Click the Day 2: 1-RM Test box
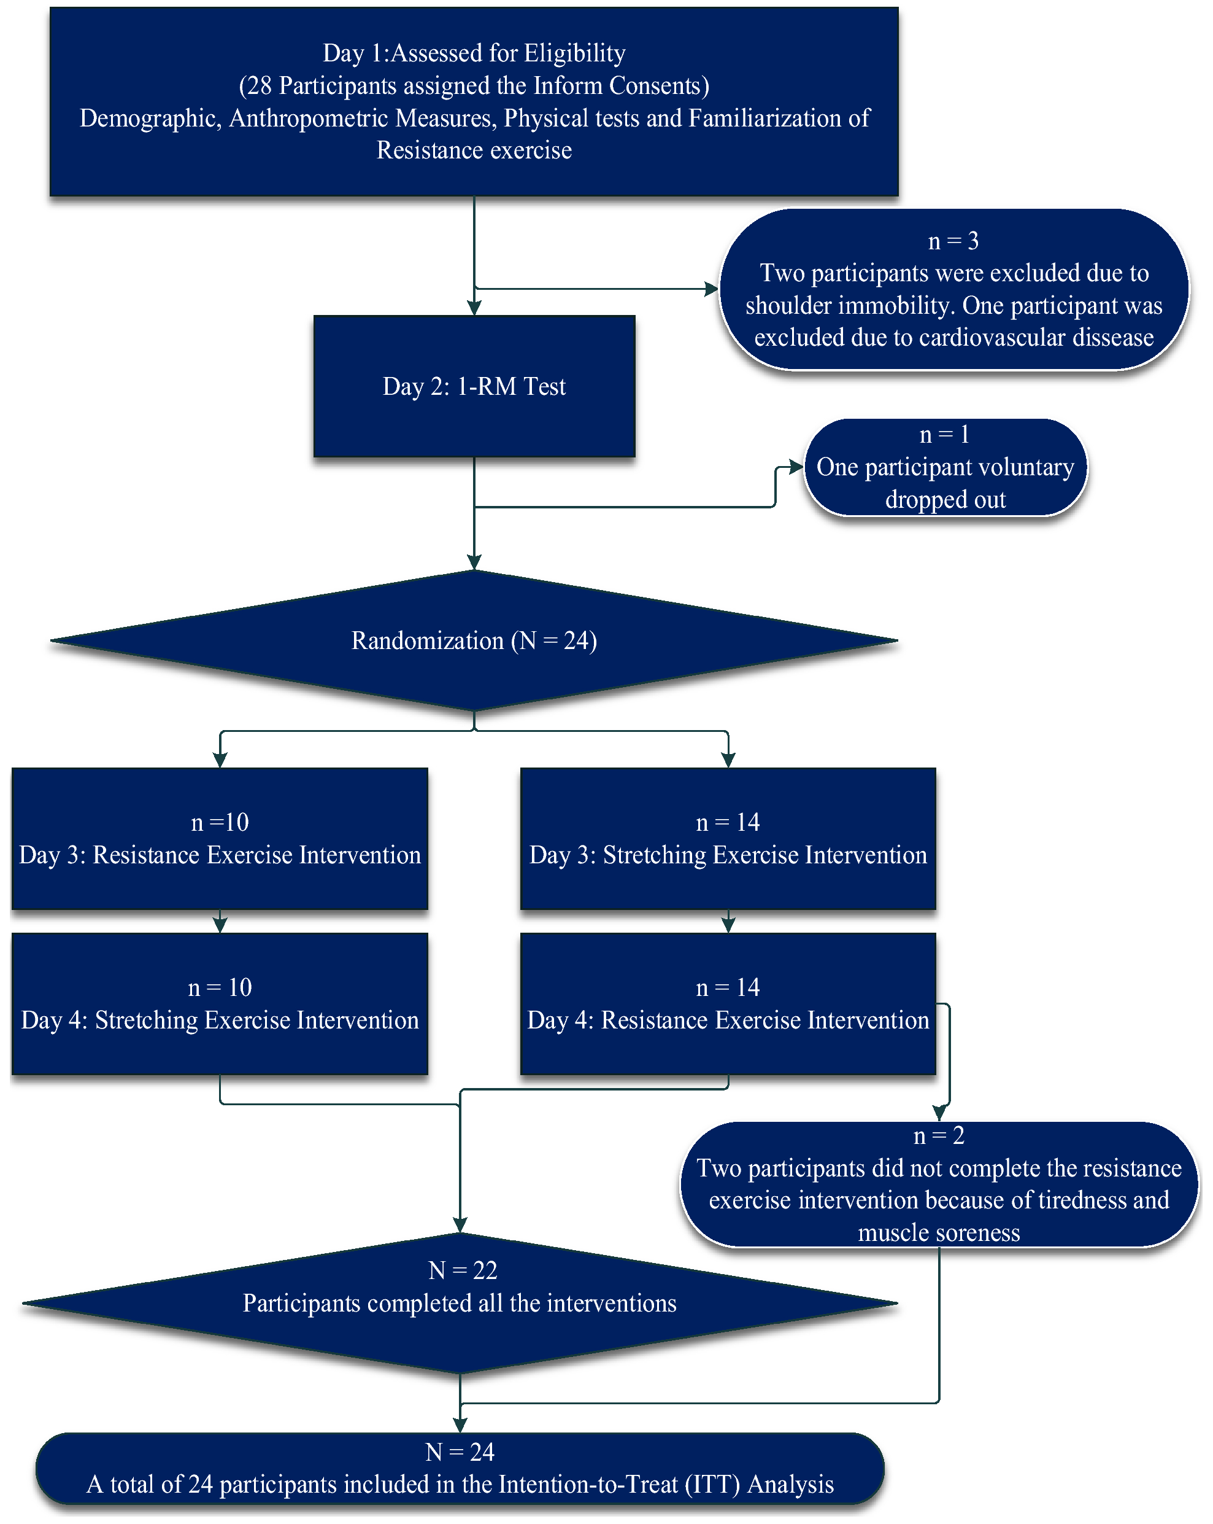tap(474, 387)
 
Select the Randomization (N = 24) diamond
tap(474, 640)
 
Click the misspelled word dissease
tap(1112, 337)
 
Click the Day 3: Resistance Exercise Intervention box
tap(220, 839)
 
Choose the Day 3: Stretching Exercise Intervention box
tap(728, 839)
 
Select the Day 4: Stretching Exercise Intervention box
tap(220, 1005)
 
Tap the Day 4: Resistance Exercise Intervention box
tap(728, 1005)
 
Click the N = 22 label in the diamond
tap(463, 1271)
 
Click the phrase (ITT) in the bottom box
tap(712, 1485)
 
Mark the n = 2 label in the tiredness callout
tap(938, 1136)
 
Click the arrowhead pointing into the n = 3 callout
tap(711, 289)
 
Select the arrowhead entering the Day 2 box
tap(474, 308)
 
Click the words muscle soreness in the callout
tap(938, 1233)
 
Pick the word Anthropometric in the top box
tap(308, 118)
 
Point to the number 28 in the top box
tap(260, 85)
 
